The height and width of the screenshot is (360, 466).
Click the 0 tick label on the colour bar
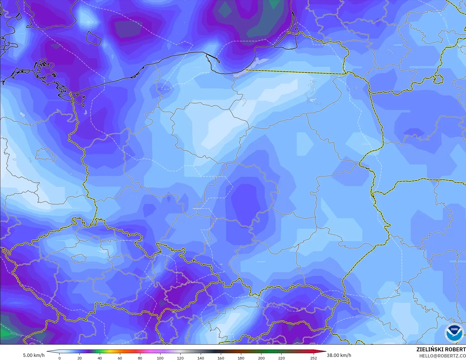point(60,358)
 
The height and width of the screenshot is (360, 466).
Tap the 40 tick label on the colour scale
point(100,358)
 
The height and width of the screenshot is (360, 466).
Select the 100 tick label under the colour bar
point(160,358)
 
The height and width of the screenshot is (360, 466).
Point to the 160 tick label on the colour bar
point(221,358)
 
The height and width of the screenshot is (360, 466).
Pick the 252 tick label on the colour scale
point(313,358)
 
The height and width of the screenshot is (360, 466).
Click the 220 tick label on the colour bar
point(281,358)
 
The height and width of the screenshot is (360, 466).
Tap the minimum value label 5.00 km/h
point(34,355)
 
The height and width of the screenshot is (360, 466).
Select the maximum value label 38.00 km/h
point(339,355)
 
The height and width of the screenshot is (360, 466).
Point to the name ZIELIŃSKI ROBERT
point(441,349)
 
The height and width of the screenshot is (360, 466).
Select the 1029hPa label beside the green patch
point(17,333)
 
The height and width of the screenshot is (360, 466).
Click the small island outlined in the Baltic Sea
point(93,38)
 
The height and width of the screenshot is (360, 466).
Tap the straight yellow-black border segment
point(296,72)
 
